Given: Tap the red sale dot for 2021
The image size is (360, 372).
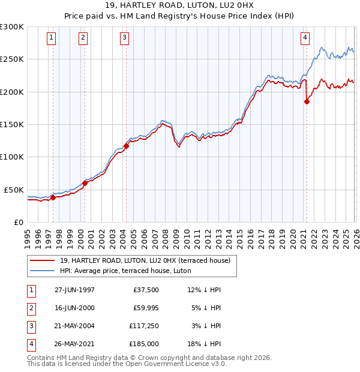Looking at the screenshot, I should point(307,102).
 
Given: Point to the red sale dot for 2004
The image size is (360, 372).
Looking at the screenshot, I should point(127,145).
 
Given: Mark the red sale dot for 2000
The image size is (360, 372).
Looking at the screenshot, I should point(85,183).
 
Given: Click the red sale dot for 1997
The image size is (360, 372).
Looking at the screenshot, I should point(53,197).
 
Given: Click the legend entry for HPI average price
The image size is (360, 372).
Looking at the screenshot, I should point(125,271).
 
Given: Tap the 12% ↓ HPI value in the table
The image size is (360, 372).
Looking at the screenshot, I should point(204,290).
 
